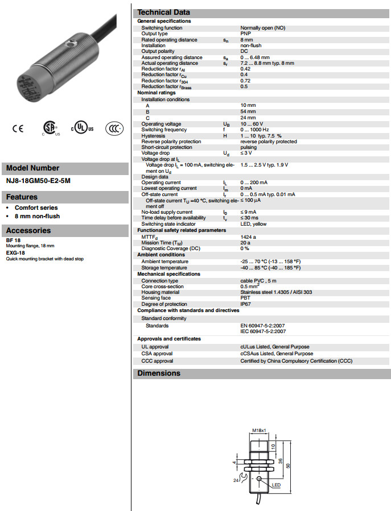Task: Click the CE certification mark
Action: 18,128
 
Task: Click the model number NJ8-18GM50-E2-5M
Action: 38,181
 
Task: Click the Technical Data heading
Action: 164,12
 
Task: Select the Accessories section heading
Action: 28,230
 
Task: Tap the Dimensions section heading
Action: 159,373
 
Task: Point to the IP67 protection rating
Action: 245,304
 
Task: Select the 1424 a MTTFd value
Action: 248,236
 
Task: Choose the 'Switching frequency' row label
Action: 164,130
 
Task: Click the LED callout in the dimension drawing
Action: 277,485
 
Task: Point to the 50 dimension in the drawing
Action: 288,466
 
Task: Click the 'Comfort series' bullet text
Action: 36,208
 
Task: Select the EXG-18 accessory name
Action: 15,252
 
